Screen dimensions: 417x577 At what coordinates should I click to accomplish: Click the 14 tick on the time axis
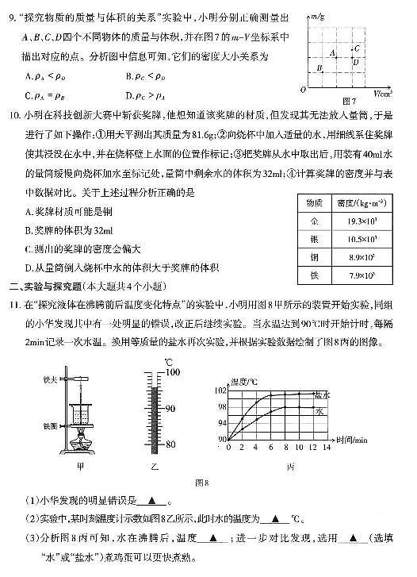tap(327, 448)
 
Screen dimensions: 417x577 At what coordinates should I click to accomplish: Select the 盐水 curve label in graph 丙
tap(322, 394)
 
